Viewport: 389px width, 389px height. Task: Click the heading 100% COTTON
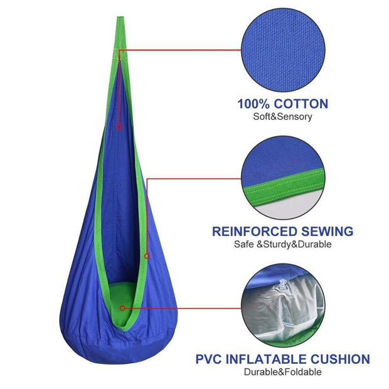[x=282, y=104]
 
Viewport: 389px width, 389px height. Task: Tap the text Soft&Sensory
[x=282, y=117]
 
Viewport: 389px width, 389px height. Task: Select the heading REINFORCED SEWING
[x=282, y=232]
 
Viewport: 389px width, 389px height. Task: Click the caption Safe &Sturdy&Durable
[x=282, y=244]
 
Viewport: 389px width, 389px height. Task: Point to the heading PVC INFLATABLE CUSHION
[x=282, y=360]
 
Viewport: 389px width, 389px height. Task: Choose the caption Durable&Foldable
[x=282, y=372]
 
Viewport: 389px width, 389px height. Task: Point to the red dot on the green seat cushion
[x=122, y=308]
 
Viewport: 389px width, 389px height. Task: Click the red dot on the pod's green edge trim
[x=146, y=255]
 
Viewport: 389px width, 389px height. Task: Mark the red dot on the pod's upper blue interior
[x=119, y=127]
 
